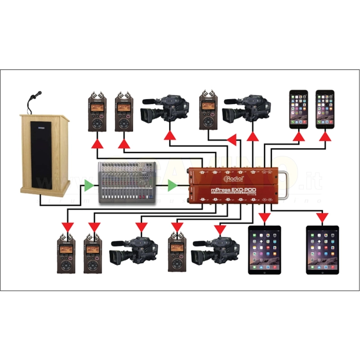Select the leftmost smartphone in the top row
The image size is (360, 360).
(298, 108)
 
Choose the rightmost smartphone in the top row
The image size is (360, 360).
(325, 108)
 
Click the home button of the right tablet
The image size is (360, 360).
(322, 271)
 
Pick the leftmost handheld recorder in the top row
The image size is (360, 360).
(97, 112)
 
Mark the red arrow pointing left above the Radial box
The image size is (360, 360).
(232, 141)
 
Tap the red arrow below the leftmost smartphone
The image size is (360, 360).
(298, 136)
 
